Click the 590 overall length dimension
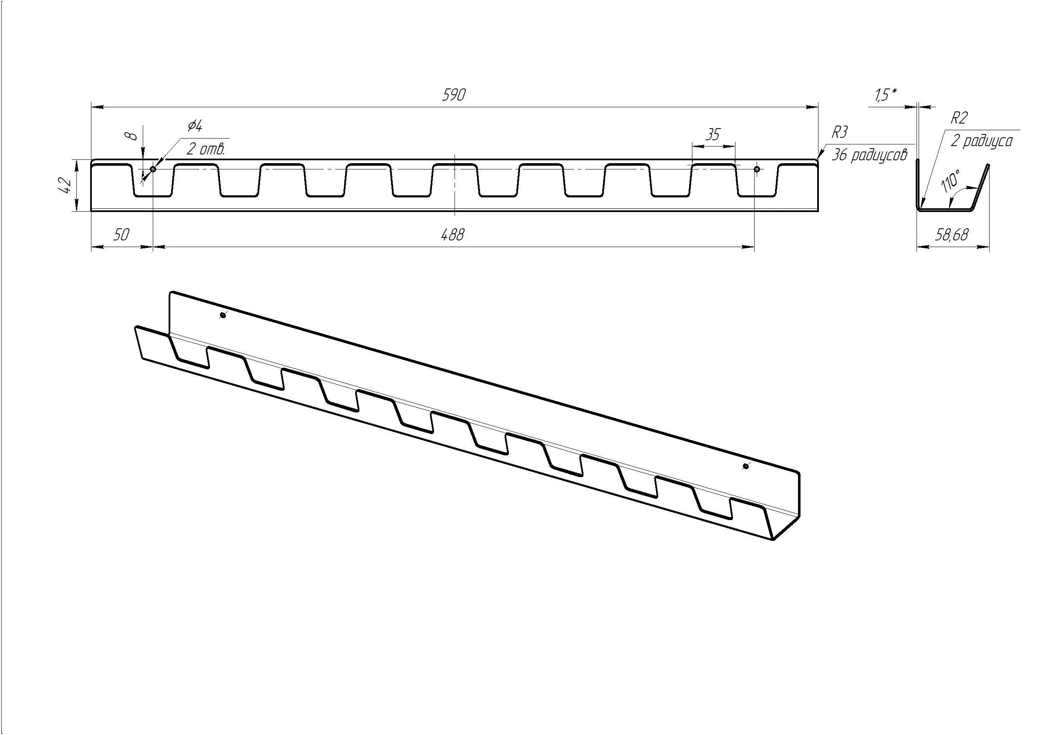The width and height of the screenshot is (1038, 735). point(454,95)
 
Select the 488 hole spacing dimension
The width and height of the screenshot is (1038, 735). point(452,235)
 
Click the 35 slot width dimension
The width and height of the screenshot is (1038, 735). point(713,135)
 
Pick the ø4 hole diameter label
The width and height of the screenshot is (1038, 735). point(195,125)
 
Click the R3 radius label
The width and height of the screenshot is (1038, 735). point(839,133)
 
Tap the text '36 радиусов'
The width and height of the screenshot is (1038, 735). point(870,155)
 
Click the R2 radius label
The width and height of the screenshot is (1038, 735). point(959,118)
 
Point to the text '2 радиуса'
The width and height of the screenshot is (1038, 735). point(981,141)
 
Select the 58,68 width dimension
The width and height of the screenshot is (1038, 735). point(952,235)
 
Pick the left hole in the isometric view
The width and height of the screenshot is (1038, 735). point(222,316)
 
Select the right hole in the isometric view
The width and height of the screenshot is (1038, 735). point(746,466)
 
